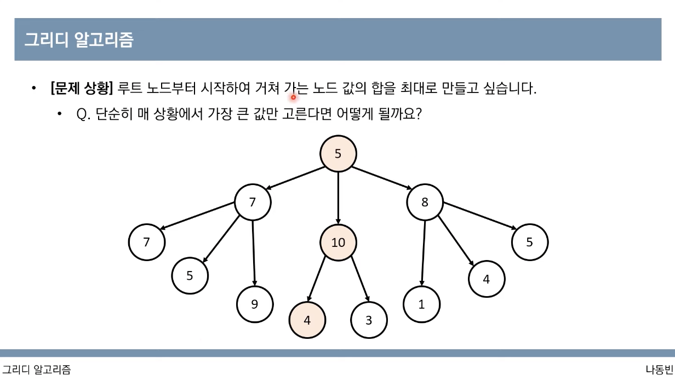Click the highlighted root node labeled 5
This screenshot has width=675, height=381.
click(x=338, y=154)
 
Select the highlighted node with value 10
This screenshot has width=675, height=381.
click(x=338, y=242)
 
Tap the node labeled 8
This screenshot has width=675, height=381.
click(x=425, y=203)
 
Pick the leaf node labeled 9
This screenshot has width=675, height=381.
click(x=255, y=304)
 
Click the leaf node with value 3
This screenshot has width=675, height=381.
click(x=369, y=320)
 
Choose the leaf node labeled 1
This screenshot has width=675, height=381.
click(x=421, y=305)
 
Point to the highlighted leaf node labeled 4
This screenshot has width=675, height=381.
click(x=307, y=320)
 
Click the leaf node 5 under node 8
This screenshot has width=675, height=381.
click(x=529, y=242)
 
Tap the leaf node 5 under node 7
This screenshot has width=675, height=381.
click(x=190, y=275)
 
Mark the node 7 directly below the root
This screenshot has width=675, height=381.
click(x=253, y=203)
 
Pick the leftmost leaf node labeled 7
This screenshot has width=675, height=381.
click(x=146, y=242)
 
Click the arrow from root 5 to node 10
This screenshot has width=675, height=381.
click(x=338, y=197)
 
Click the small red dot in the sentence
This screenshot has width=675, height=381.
click(x=293, y=97)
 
